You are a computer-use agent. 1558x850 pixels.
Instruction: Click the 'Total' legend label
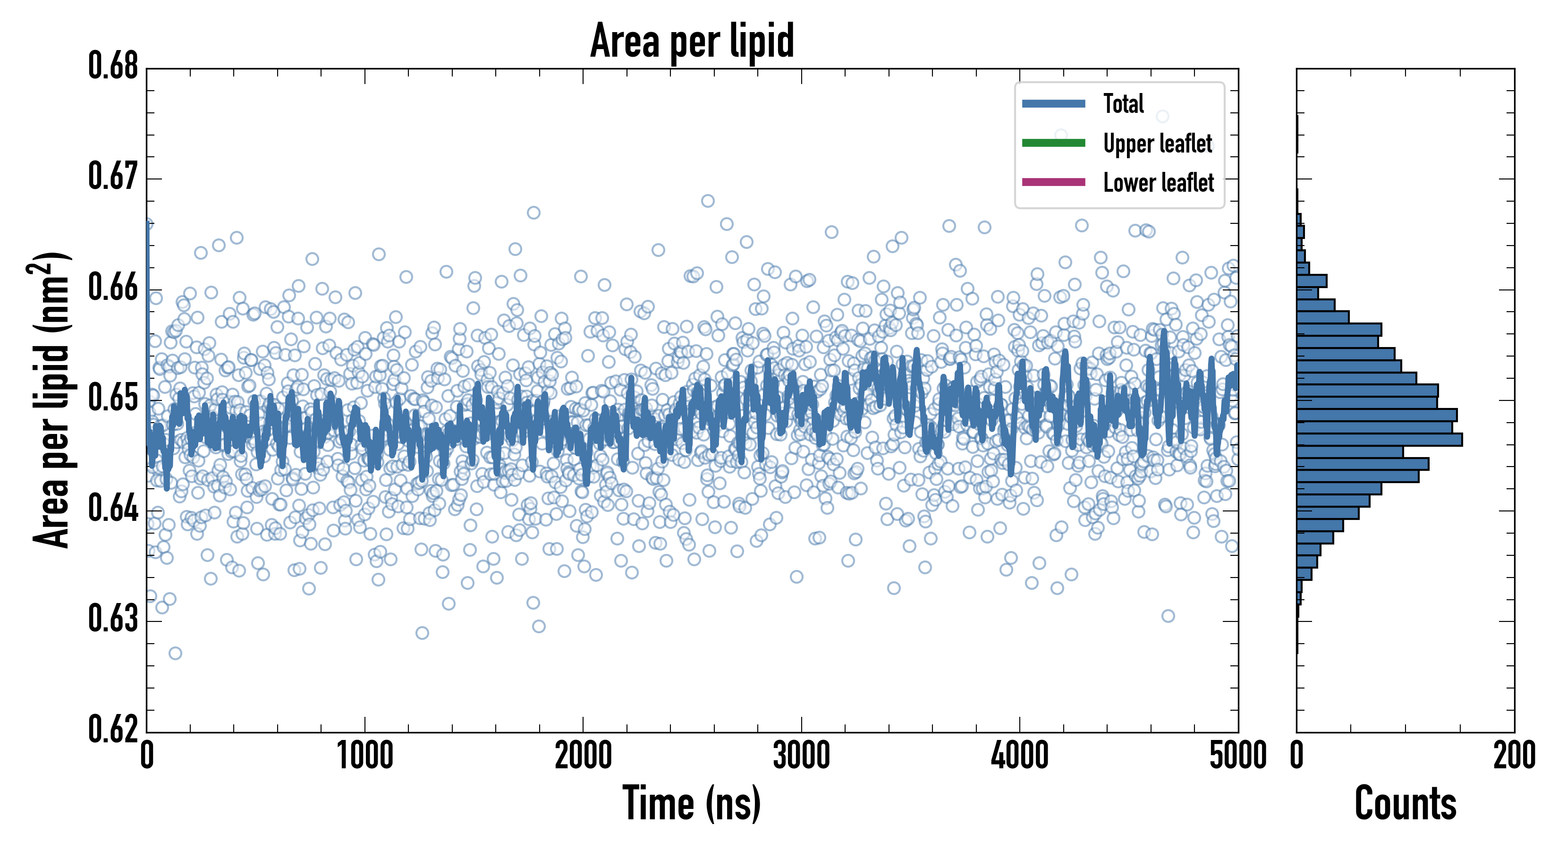click(1123, 103)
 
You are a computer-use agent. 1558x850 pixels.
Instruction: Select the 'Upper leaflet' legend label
click(1157, 144)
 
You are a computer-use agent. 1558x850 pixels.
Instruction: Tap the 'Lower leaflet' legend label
click(1158, 183)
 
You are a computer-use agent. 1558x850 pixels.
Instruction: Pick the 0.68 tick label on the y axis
click(113, 66)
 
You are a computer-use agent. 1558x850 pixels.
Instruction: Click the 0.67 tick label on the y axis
click(113, 177)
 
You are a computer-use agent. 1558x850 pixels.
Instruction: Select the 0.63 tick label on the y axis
click(113, 619)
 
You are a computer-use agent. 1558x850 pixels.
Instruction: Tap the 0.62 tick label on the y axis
click(113, 729)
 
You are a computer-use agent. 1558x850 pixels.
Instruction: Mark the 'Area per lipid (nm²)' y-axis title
click(51, 399)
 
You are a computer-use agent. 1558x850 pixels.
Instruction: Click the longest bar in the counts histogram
click(1379, 440)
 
